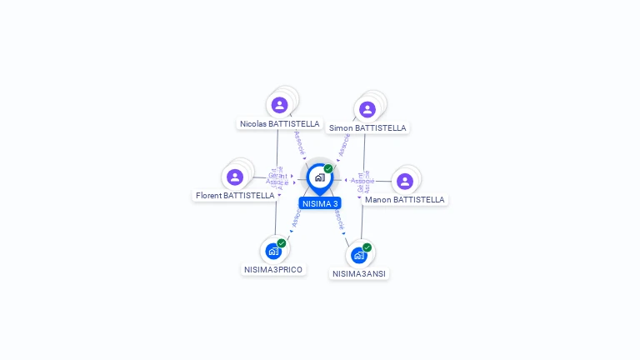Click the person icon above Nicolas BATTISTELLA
pos(279,105)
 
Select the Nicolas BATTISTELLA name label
pos(279,123)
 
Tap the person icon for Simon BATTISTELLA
pos(367,109)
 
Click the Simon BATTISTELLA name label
pos(367,128)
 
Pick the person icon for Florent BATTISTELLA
pos(235,177)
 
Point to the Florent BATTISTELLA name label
pos(235,196)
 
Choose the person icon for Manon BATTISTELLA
pos(405,181)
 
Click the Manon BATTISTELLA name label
pos(405,200)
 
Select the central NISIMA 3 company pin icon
pos(319,177)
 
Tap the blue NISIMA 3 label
pos(320,203)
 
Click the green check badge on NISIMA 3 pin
pos(328,168)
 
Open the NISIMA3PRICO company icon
pos(273,251)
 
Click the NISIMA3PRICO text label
pos(273,269)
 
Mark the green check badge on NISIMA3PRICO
pos(282,242)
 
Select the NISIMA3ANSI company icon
pos(359,255)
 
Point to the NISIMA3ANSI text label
pos(359,273)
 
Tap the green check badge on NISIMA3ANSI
pos(367,247)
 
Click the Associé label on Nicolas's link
pos(299,142)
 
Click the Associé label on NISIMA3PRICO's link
pos(295,218)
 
